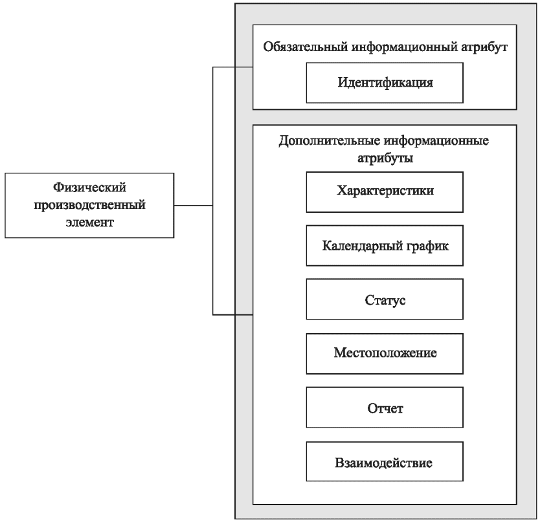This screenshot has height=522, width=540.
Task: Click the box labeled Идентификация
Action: tap(385, 82)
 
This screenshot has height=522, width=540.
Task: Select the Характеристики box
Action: tap(385, 191)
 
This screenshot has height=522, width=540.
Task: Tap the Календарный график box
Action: tap(385, 246)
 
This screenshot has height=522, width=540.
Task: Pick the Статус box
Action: tap(385, 300)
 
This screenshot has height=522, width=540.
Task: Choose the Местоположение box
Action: tap(385, 354)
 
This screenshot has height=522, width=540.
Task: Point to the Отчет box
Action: tap(385, 408)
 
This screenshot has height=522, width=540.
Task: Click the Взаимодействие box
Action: tap(385, 462)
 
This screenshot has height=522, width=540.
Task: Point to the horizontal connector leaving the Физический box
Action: tap(194, 206)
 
